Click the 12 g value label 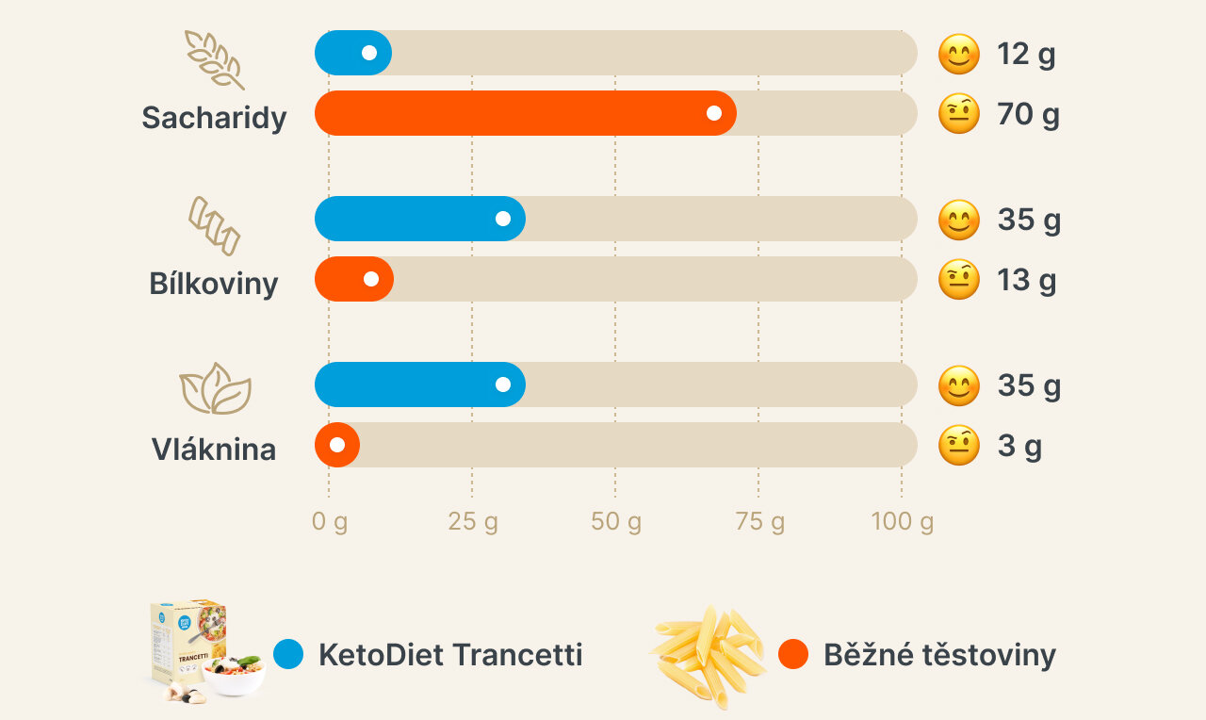1026,55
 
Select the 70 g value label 1028,115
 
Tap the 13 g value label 1026,280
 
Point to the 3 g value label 1019,446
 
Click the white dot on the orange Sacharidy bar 714,113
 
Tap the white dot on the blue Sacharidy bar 369,53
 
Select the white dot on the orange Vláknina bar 337,445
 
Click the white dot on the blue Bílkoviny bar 503,219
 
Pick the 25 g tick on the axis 472,521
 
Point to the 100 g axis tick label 902,521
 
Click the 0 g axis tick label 330,521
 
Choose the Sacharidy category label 214,118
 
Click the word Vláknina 214,450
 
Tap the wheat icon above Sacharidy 214,58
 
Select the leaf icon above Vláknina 215,388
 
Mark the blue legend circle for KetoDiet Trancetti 288,654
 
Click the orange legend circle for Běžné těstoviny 793,654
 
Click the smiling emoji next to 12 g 959,55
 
